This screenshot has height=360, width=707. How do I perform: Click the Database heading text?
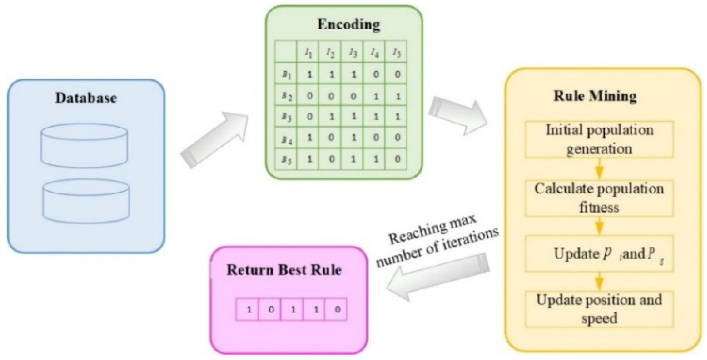coord(86,98)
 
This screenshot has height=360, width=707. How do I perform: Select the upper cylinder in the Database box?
coord(84,145)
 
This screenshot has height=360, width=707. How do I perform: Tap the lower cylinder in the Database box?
coord(86,201)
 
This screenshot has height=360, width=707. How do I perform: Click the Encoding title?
coord(349,25)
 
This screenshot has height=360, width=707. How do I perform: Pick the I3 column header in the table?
coord(353,53)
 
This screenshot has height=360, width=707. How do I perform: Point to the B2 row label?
coord(286,96)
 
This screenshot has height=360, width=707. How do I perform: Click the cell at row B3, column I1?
coord(309,117)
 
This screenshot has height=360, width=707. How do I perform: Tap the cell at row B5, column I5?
coord(397,159)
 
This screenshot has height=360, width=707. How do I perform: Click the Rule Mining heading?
coord(595,96)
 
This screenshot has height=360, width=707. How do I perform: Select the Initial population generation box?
coord(599,140)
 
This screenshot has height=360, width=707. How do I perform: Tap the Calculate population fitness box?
coord(599,198)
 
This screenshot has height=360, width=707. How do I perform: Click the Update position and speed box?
coord(599,309)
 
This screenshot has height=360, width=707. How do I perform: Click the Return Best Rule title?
coord(284,270)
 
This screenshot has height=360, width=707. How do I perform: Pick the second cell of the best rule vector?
coord(271,310)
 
